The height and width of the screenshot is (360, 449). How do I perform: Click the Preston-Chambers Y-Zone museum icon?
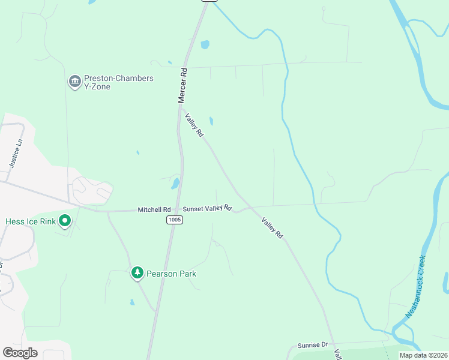74,82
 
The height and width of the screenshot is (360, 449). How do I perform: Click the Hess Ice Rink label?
30,221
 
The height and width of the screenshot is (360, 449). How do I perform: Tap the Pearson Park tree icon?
137,274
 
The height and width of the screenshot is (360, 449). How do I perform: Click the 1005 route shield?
175,220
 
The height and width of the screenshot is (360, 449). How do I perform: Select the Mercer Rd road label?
183,85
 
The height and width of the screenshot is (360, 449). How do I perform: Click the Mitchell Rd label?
153,209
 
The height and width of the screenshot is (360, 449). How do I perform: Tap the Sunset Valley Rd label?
207,208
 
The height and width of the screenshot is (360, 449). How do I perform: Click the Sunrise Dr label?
313,346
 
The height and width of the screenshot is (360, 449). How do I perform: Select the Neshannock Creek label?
415,287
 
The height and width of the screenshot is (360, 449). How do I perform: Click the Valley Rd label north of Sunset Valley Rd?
194,125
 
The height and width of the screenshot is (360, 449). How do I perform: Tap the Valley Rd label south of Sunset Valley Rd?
272,229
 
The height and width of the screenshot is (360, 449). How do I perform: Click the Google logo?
20,352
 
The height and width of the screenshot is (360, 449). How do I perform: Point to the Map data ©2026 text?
423,355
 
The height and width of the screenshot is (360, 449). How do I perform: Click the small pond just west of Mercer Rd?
175,183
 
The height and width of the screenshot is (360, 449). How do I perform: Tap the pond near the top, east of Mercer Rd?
205,44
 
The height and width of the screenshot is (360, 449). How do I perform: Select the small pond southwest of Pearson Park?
132,302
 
